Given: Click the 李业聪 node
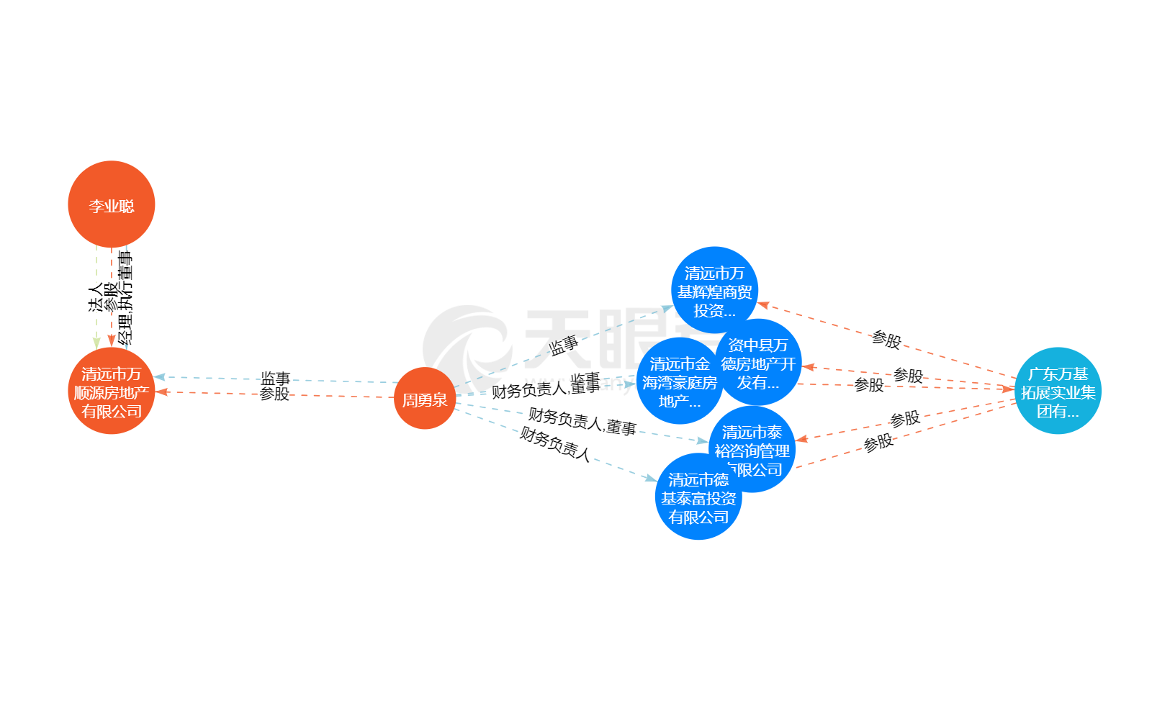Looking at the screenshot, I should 112,204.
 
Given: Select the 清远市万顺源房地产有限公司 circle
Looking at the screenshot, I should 112,392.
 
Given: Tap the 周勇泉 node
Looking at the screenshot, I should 425,399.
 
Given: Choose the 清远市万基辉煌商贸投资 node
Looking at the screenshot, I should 714,290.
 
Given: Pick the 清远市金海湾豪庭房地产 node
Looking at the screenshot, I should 679,382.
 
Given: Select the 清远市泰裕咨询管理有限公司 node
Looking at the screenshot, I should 752,449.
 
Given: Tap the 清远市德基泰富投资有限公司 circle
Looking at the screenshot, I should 698,497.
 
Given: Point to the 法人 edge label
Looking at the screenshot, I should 96,297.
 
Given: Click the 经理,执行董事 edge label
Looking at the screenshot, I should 126,297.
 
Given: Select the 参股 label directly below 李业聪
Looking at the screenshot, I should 111,297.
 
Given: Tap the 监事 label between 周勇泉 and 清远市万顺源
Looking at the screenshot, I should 275,379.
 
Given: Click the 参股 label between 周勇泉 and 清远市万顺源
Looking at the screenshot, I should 274,394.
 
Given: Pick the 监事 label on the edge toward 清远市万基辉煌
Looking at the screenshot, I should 564,346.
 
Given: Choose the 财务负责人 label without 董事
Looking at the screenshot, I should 556,445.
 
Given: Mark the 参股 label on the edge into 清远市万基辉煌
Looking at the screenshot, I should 886,340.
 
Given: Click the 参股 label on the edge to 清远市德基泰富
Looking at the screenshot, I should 878,443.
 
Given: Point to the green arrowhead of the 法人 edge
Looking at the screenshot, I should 96,343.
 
